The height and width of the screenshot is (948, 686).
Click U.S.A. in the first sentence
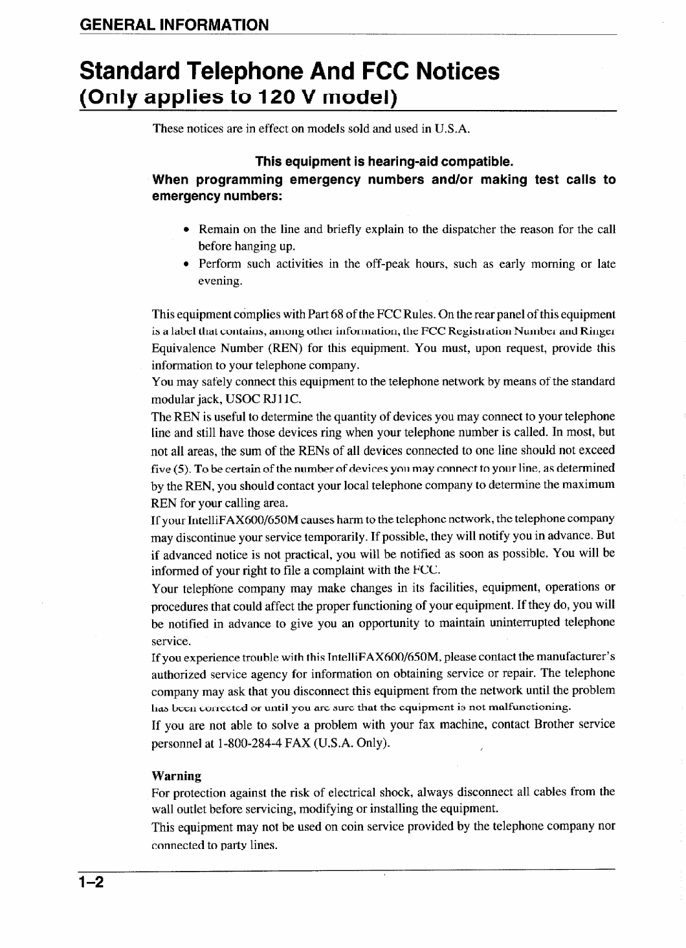(452, 129)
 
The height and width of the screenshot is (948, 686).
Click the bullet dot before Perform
(186, 264)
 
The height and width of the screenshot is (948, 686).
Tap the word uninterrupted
(545, 623)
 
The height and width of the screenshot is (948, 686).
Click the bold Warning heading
(176, 776)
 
